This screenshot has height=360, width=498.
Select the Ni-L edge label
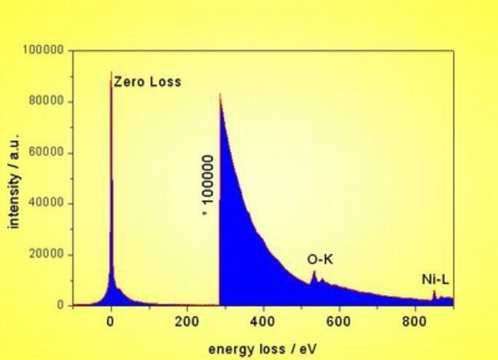[x=435, y=280]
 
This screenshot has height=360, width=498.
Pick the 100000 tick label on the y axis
[x=43, y=51]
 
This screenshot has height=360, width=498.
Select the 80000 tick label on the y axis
[x=47, y=102]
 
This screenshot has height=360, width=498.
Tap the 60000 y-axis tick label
[x=47, y=153]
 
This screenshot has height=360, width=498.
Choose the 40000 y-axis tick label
[x=47, y=203]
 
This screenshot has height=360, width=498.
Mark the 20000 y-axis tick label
[x=47, y=255]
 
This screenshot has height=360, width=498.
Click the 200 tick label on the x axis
[x=187, y=320]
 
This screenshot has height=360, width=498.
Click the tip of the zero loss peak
[x=111, y=72]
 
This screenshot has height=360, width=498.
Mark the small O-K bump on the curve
[x=314, y=273]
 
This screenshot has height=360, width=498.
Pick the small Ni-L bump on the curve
[x=435, y=292]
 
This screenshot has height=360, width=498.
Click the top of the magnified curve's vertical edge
[x=220, y=94]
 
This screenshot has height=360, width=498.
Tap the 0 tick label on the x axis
[x=111, y=320]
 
